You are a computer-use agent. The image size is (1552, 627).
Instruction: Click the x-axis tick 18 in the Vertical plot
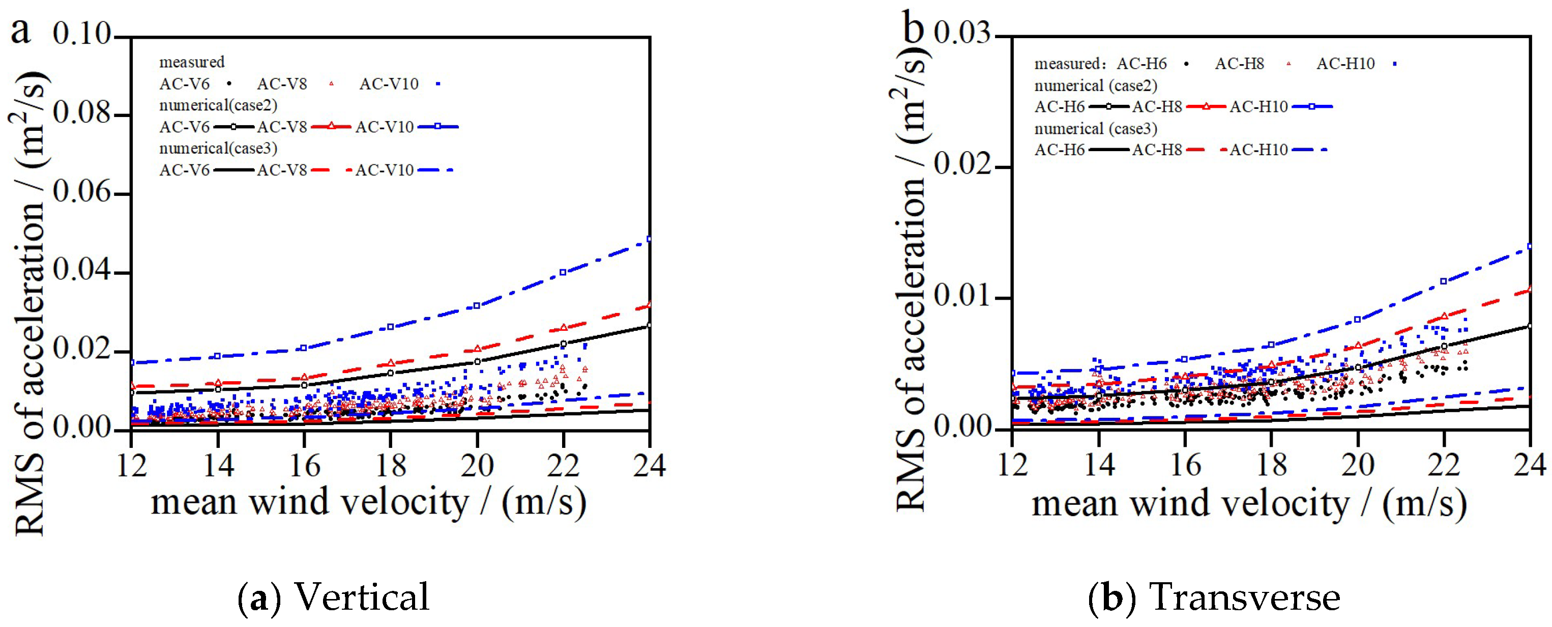pos(390,466)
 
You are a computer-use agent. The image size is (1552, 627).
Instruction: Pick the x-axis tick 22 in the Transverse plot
pos(1444,466)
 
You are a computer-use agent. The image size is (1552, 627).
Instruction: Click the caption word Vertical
pos(362,597)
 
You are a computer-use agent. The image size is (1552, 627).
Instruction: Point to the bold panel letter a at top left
pos(20,30)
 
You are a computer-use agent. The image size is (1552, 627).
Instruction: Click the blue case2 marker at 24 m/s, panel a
pos(649,239)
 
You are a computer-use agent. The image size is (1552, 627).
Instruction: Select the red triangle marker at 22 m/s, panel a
pos(563,327)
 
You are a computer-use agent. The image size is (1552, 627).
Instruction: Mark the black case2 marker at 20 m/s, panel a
pos(477,362)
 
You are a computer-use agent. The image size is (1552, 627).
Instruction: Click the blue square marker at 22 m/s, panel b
pos(1444,281)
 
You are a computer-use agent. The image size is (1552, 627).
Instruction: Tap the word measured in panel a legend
pos(192,62)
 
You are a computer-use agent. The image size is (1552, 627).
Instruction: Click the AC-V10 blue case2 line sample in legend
pos(438,127)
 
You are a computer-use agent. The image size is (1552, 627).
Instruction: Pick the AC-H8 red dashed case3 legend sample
pos(1205,150)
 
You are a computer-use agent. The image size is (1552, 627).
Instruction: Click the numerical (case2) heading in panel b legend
pos(1096,85)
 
